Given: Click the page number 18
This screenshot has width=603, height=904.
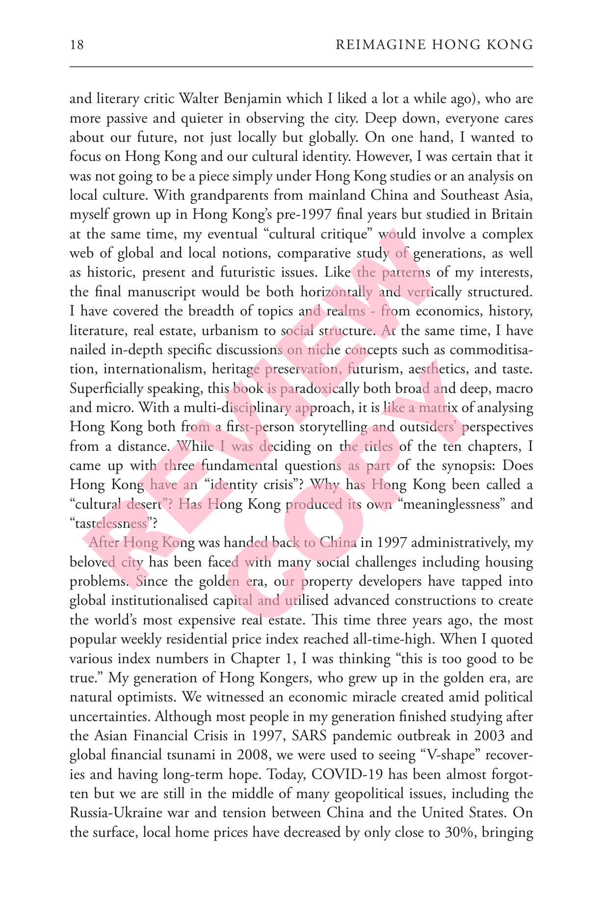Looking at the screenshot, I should click(77, 46).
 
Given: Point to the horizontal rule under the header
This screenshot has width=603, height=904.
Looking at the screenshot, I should click(301, 66).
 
